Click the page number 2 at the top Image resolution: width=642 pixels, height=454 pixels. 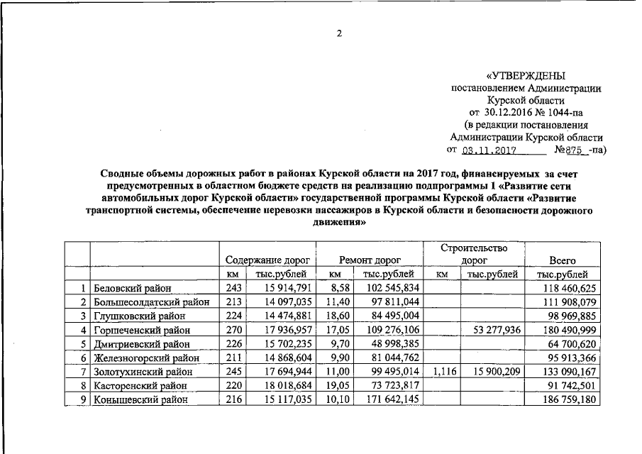click(339, 34)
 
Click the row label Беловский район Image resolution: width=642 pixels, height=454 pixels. click(131, 288)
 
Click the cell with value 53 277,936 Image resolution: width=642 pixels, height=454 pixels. click(494, 330)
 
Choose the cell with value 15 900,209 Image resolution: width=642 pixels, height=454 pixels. click(494, 372)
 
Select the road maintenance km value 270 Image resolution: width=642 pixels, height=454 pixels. click(234, 330)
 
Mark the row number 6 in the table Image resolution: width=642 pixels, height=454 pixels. click(83, 358)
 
